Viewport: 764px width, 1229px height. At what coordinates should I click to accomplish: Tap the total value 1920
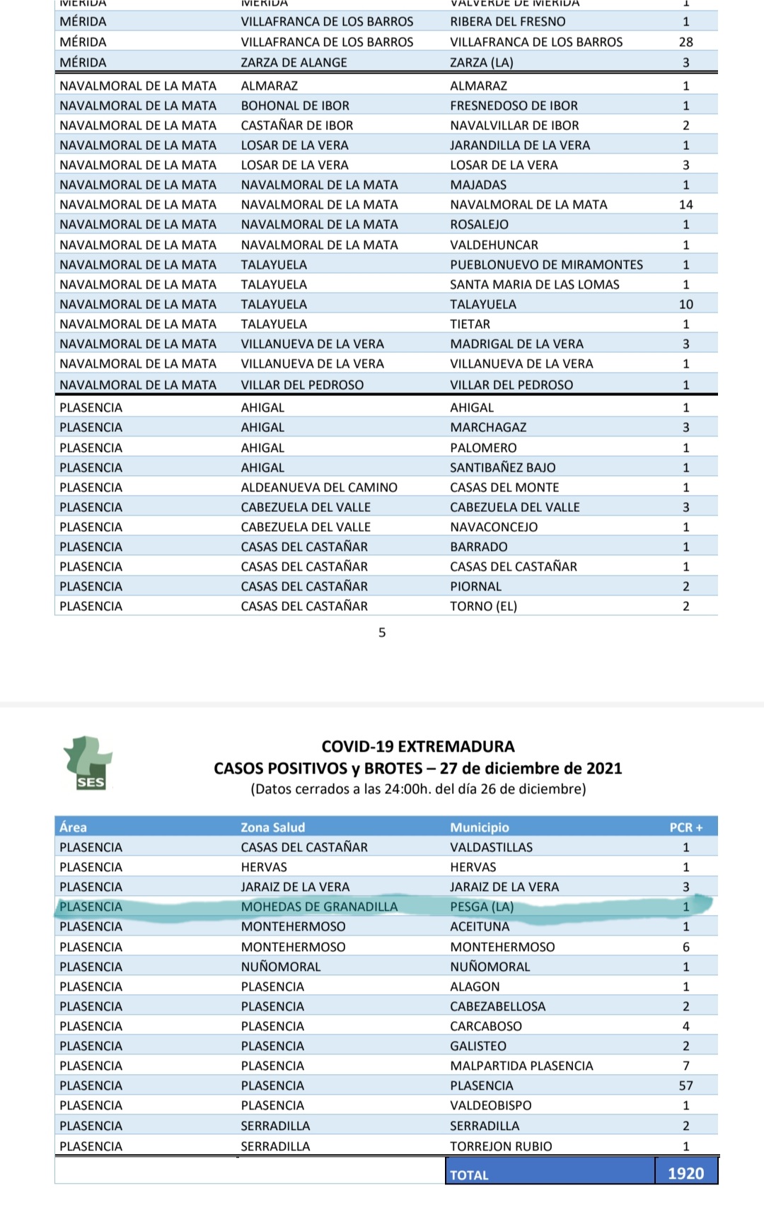[685, 1173]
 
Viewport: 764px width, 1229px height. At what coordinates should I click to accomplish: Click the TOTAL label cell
[470, 1175]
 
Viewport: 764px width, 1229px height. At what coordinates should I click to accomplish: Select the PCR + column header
[685, 827]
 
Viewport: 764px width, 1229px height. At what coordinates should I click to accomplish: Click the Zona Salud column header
[273, 827]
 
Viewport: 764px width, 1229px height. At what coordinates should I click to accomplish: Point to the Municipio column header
[480, 827]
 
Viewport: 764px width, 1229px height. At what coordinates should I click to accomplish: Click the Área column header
[74, 827]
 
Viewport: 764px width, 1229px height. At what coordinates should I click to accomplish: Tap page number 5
[382, 632]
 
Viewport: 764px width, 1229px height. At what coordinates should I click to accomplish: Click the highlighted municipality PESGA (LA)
[482, 907]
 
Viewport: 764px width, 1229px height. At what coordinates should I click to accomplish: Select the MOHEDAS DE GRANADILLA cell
[319, 907]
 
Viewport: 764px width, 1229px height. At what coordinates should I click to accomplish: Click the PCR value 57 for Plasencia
[685, 1085]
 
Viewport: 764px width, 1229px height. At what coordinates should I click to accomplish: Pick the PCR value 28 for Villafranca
[685, 42]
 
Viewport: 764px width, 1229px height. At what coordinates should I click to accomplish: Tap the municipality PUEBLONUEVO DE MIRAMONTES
[546, 264]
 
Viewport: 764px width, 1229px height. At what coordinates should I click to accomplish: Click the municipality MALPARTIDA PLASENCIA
[521, 1066]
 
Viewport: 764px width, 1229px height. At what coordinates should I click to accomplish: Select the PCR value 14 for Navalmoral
[685, 204]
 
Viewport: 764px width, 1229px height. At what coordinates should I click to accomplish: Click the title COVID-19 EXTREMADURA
[418, 746]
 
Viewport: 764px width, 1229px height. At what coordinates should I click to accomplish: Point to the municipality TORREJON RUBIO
[501, 1146]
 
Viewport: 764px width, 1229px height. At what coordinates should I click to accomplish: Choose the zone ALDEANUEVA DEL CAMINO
[319, 487]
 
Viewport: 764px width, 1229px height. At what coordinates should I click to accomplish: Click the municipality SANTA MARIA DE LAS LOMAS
[534, 284]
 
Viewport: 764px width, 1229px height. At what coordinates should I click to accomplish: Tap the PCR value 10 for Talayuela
[685, 304]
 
